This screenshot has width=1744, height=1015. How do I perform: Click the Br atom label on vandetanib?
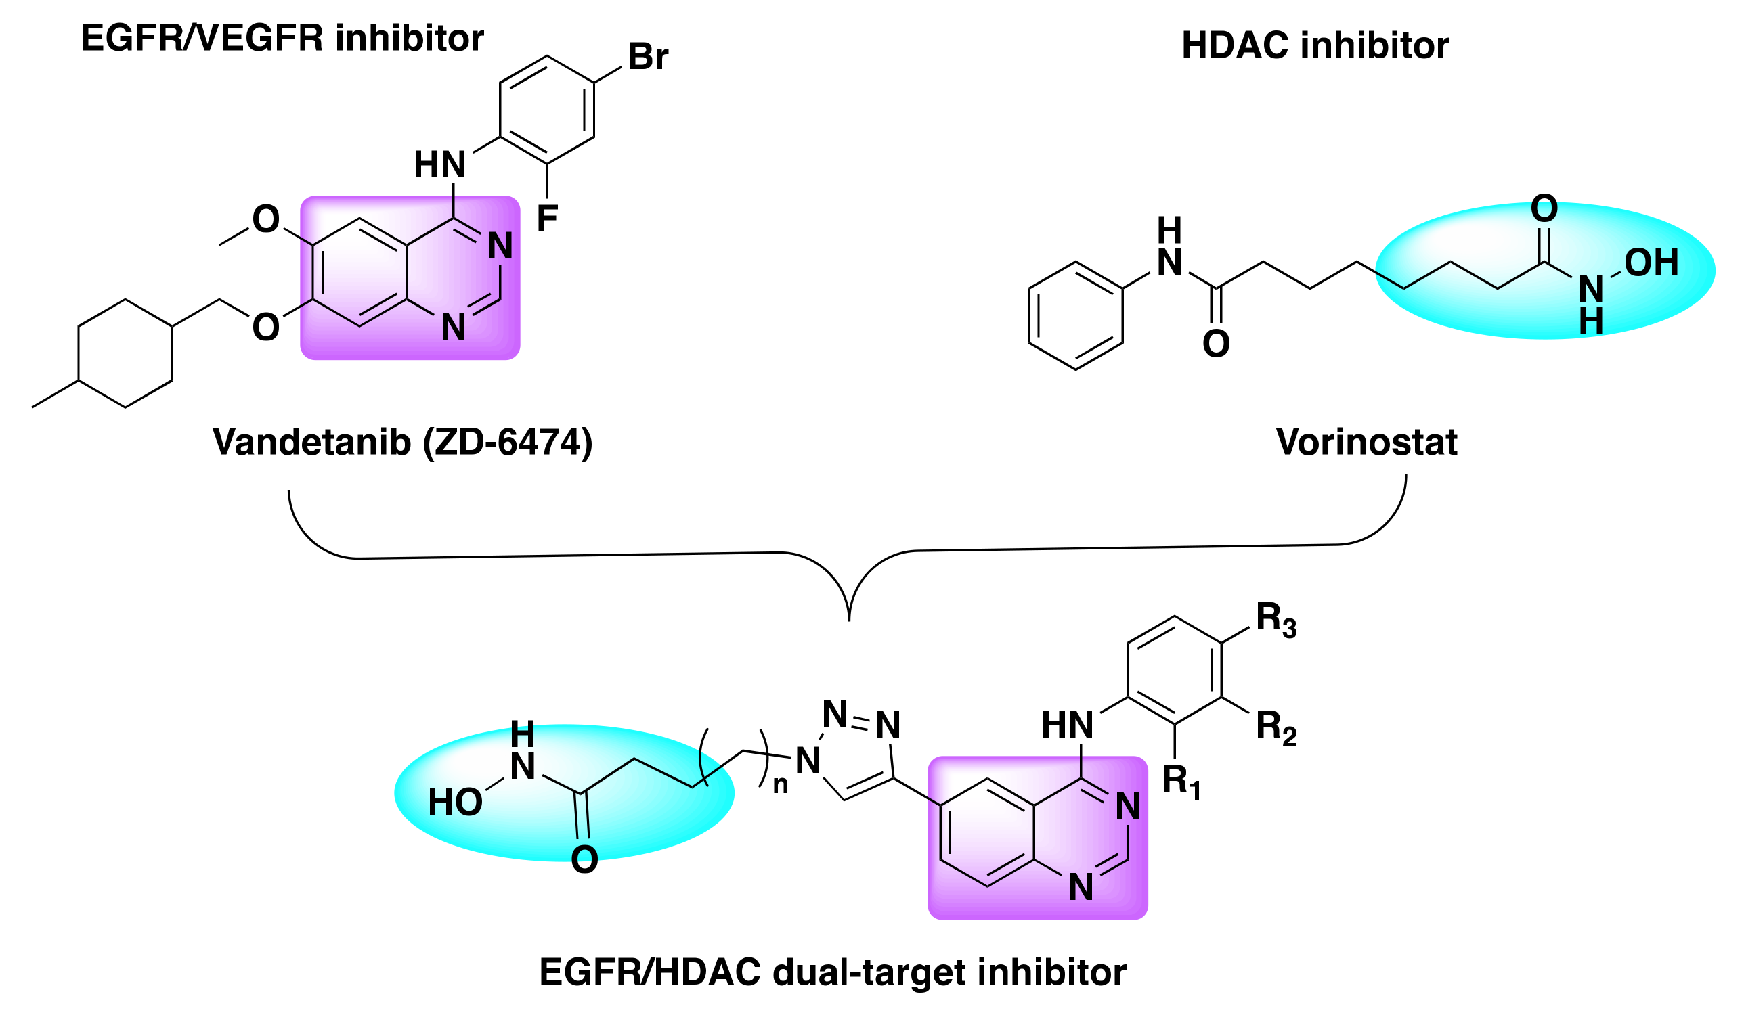[x=648, y=57]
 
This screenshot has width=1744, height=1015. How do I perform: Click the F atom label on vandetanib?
[x=547, y=219]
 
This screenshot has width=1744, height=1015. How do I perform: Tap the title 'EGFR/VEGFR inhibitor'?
[x=282, y=38]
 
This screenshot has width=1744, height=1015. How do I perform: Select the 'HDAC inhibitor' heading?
[x=1315, y=45]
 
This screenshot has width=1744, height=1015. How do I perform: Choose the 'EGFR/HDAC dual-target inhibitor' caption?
[x=833, y=972]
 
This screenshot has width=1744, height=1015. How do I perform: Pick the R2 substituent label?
[x=1276, y=729]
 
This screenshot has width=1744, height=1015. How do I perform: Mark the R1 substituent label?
[x=1181, y=782]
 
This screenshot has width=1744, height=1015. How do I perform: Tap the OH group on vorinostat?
[x=1651, y=263]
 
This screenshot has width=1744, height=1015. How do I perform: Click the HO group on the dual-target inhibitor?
[x=455, y=803]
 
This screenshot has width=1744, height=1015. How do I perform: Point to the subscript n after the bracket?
[x=781, y=785]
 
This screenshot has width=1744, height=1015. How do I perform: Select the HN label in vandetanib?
[x=439, y=164]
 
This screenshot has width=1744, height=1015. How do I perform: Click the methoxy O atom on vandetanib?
[x=266, y=219]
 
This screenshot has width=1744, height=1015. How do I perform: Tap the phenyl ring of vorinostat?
[x=1075, y=316]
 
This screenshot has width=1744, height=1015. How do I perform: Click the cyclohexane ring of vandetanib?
[x=125, y=353]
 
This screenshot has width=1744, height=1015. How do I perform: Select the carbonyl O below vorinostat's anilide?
[x=1216, y=344]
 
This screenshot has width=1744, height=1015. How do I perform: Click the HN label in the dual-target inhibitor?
[x=1067, y=726]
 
